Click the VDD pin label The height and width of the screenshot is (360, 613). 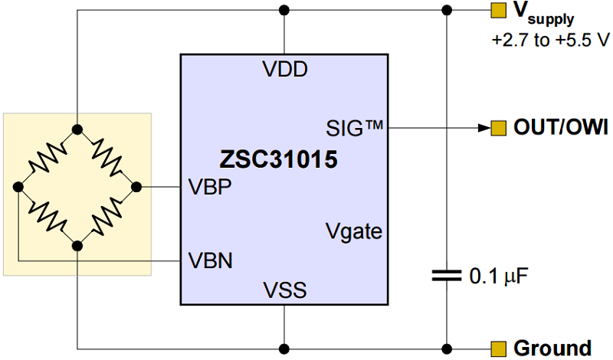[x=284, y=70]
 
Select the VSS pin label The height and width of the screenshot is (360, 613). [x=284, y=290]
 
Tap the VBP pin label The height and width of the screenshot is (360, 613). [x=211, y=187]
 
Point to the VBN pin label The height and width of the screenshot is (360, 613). [x=211, y=261]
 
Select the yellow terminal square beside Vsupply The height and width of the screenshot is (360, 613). [x=498, y=11]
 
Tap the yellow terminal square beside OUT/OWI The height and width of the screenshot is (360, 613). [x=498, y=127]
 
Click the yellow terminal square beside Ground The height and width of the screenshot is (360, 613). [x=498, y=348]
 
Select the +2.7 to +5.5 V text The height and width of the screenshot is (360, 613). [x=551, y=40]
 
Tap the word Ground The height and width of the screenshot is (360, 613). [x=552, y=348]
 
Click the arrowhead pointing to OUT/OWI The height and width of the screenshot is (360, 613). [x=483, y=127]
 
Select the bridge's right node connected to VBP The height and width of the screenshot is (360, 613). [x=137, y=186]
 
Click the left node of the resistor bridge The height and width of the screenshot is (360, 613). [x=18, y=186]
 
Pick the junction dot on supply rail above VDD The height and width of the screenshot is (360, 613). [x=284, y=11]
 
